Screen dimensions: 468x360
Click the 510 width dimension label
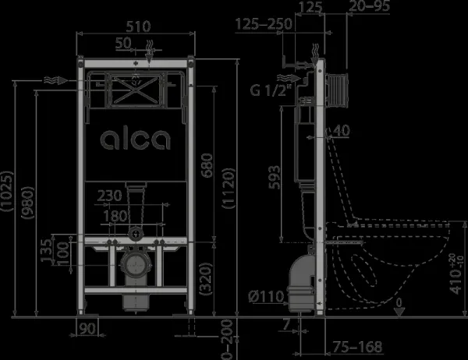coord(138,26)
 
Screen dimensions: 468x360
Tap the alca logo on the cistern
coord(136,139)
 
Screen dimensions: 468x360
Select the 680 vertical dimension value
coord(207,165)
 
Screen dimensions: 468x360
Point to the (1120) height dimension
coord(229,189)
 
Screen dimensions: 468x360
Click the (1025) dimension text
coord(7,192)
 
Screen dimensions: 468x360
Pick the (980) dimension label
coord(28,203)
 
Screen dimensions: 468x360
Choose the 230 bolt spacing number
coord(109,196)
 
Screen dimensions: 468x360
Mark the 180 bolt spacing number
coord(115,216)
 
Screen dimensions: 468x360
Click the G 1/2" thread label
coord(271,90)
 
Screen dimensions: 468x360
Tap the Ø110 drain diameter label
coord(266,297)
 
